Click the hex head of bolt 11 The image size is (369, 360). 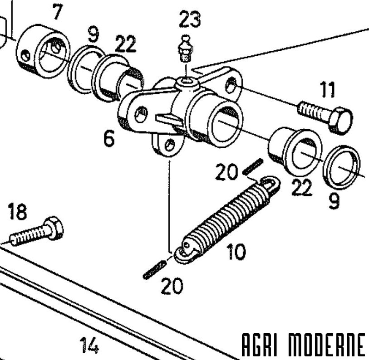coord(340,121)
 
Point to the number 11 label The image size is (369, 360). coord(327,90)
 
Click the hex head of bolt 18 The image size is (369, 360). coord(54,228)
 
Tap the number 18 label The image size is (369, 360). coord(17,212)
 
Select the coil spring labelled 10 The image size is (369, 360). coord(227,219)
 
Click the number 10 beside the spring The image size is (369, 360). coord(236,252)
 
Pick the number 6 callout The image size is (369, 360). coord(109,138)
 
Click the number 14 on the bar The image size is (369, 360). coord(89,345)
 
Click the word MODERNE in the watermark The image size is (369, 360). coord(327,345)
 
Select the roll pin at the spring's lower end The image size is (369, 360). coord(155,270)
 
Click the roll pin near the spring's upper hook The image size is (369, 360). coord(253,167)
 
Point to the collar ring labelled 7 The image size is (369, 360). coord(43,51)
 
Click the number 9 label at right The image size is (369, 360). coord(334,201)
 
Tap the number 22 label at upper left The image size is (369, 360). coord(125,44)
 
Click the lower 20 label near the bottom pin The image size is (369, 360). coord(172,286)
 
